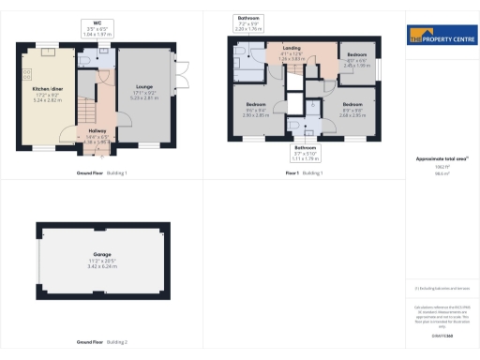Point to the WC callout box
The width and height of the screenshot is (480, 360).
click(x=97, y=28)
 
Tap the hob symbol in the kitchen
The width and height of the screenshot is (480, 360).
click(x=27, y=73)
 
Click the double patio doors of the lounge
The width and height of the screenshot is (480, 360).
click(x=176, y=74)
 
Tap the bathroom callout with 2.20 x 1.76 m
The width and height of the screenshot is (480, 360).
click(x=248, y=23)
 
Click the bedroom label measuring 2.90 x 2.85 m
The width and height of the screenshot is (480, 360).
click(x=257, y=109)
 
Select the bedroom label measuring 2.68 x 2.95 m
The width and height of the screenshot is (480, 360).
click(x=352, y=109)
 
